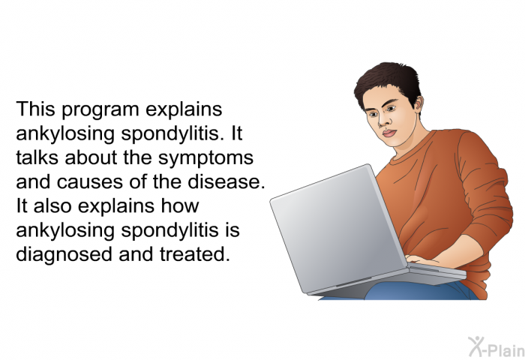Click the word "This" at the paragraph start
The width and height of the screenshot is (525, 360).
(x=35, y=109)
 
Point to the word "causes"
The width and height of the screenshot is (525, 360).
(x=84, y=182)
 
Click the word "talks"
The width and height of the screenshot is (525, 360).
(x=37, y=157)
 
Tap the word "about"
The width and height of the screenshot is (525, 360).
(x=91, y=157)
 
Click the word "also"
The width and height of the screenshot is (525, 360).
(x=52, y=205)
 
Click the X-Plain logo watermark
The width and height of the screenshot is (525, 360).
(x=496, y=347)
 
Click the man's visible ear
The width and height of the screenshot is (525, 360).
(x=418, y=103)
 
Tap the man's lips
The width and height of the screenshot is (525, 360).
(x=389, y=133)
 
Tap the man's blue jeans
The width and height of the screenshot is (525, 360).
(x=418, y=291)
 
